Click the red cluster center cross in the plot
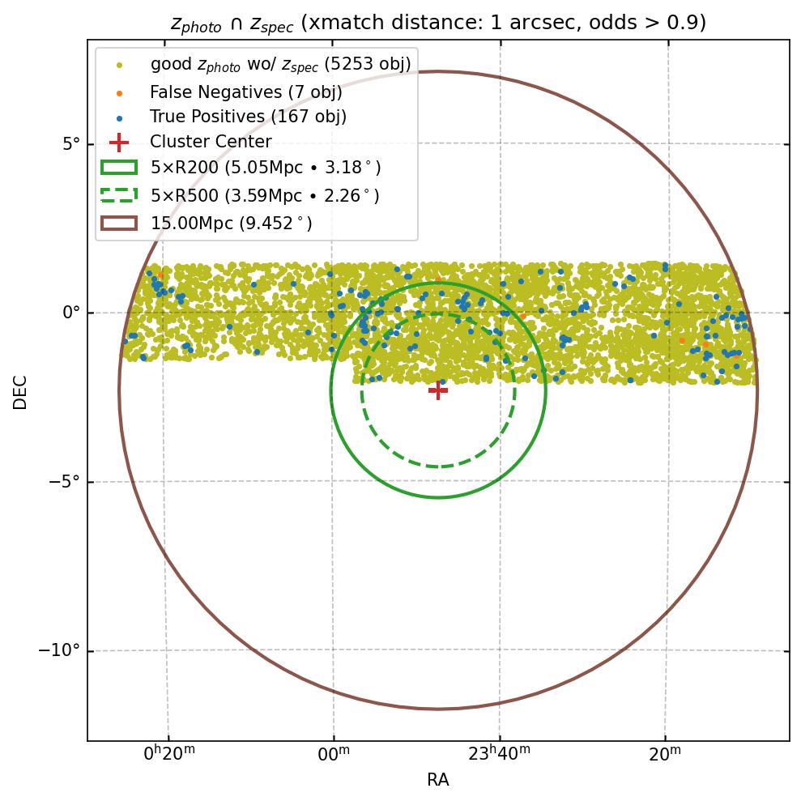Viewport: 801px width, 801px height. coord(438,390)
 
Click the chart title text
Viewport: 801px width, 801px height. coord(438,23)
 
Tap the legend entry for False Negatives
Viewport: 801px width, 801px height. coord(245,92)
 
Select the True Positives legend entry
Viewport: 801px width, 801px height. coord(248,117)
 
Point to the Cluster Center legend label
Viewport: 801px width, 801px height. coord(211,142)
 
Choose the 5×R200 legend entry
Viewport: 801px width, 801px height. coord(265,168)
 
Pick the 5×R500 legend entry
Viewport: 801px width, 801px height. coord(264,195)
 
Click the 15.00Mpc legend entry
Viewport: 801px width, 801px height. coord(231,223)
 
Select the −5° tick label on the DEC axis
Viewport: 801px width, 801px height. coord(62,482)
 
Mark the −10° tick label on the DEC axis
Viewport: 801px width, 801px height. coord(59,650)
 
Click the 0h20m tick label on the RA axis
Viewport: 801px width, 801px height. coord(168,754)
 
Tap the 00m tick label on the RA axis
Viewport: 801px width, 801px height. coord(334,754)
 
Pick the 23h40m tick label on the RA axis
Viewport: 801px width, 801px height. coord(500,754)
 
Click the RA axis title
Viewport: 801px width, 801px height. coord(438,780)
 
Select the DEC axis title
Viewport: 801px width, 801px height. coord(20,391)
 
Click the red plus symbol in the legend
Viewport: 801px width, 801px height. coord(119,142)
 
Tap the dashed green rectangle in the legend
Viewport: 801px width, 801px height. coord(119,195)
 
